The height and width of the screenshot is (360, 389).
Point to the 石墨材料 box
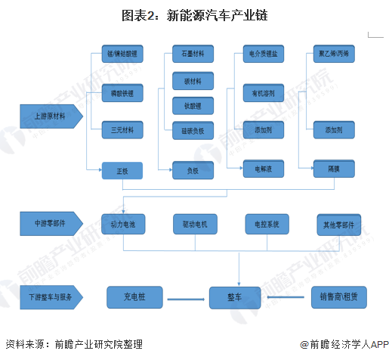pos(193,54)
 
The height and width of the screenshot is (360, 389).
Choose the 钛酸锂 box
pos(193,104)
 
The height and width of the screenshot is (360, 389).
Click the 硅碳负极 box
pos(193,130)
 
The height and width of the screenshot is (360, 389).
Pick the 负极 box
pos(193,171)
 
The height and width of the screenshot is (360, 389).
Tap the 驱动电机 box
pos(194,225)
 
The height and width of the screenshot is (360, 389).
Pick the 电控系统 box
pos(266,225)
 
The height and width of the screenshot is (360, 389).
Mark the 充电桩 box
pos(134,296)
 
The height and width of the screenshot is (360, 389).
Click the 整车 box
pos(239,296)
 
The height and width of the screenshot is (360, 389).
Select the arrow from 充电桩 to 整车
pos(187,299)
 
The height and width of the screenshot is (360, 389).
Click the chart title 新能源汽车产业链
pos(195,15)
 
